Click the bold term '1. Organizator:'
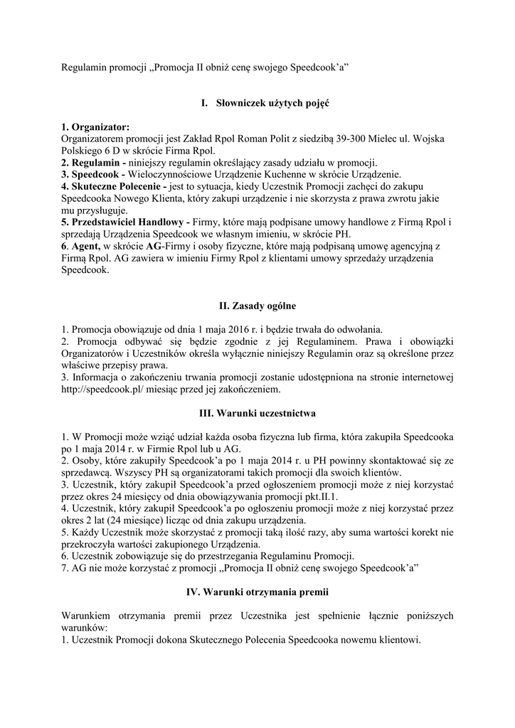point(95,127)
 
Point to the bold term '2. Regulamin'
point(93,162)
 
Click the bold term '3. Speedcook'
point(93,174)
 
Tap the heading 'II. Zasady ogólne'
point(257,306)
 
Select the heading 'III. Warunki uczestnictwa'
point(257,413)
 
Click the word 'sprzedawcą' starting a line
point(86,473)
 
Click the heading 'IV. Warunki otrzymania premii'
point(257,591)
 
